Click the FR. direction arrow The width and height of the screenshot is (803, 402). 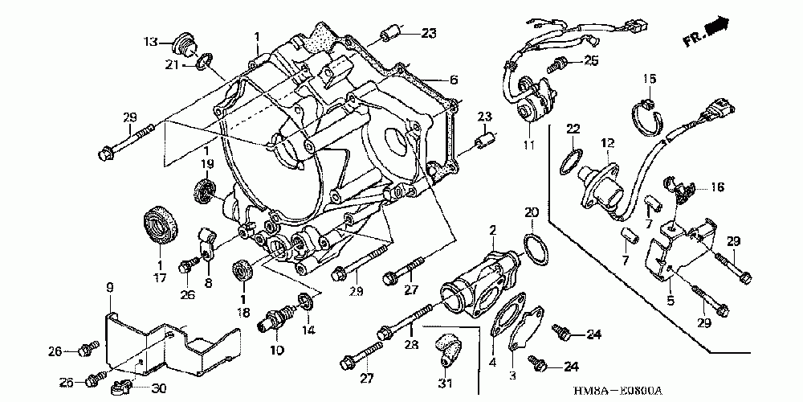coord(720,27)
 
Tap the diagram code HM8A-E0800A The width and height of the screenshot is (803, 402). coord(618,391)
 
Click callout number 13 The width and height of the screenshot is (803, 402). coord(151,41)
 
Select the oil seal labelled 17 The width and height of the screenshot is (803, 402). coord(161,224)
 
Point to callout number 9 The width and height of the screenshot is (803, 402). coord(110,286)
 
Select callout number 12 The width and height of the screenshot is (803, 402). coord(608,142)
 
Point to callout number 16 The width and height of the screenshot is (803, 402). coord(716,187)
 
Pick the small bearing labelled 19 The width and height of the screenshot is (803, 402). coord(206,192)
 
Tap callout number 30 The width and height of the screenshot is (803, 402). coord(158,388)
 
